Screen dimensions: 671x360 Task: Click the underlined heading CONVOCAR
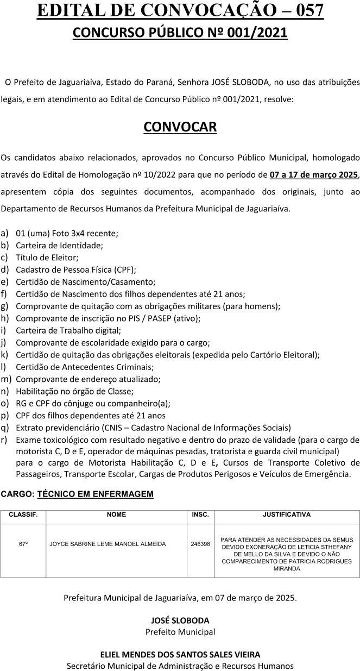pyautogui.click(x=180, y=127)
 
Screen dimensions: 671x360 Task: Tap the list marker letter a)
pyautogui.click(x=5, y=233)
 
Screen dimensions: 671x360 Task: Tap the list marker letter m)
pyautogui.click(x=6, y=379)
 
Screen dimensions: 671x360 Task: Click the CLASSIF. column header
pyautogui.click(x=23, y=514)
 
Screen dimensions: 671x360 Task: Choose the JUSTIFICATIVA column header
pyautogui.click(x=287, y=514)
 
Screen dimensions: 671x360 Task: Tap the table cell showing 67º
pyautogui.click(x=23, y=543)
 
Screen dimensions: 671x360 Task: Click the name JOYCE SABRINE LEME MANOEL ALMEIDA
pyautogui.click(x=108, y=543)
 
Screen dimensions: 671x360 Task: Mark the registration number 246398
pyautogui.click(x=200, y=543)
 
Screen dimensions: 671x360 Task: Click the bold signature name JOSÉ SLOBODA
pyautogui.click(x=180, y=620)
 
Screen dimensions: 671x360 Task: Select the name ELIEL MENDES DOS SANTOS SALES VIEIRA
pyautogui.click(x=180, y=654)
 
